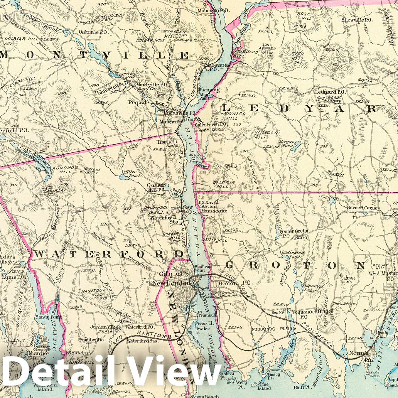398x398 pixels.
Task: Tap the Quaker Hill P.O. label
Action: click(156, 187)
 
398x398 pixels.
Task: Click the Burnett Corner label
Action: click(363, 208)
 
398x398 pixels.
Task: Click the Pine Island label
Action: click(264, 386)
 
